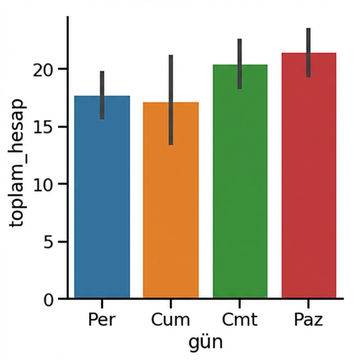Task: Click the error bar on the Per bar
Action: point(102,95)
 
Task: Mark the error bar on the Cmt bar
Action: point(240,64)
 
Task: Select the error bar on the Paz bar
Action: point(308,52)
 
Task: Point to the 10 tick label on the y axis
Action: point(44,185)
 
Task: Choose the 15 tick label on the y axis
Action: point(44,127)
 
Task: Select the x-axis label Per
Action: point(102,320)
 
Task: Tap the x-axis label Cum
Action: point(171,320)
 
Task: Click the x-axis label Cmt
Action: point(240,320)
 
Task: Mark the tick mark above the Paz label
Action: point(308,303)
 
